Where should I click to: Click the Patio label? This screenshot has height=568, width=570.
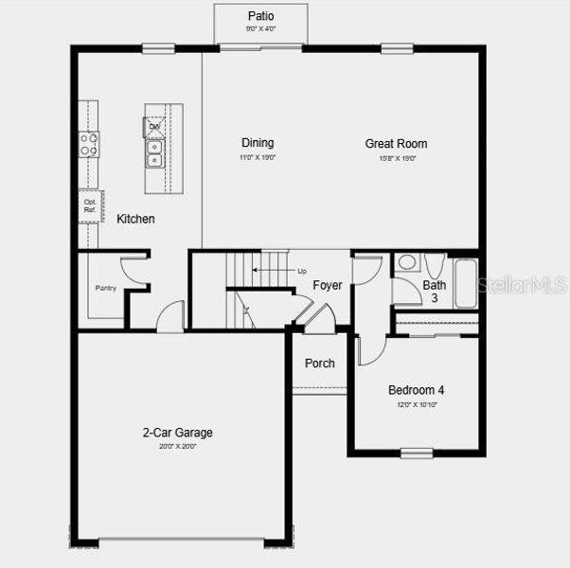[260, 16]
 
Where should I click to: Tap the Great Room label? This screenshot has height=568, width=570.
[396, 144]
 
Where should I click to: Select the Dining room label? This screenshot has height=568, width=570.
[257, 144]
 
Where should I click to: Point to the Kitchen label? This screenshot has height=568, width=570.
[135, 219]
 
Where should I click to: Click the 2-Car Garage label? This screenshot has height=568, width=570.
[177, 433]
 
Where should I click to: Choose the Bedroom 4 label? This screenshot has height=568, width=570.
[416, 390]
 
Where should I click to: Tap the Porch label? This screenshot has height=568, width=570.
[319, 364]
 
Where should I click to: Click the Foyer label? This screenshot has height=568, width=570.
[328, 285]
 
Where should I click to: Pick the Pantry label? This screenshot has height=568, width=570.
[105, 288]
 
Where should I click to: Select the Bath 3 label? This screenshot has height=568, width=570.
[435, 291]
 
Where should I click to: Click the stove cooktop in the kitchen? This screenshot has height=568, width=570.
[89, 144]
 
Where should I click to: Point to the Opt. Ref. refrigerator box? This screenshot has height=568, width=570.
[90, 204]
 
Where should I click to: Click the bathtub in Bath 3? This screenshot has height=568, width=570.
[465, 281]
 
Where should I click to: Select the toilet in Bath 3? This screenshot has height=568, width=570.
[434, 264]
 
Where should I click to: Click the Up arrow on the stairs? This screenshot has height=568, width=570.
[275, 271]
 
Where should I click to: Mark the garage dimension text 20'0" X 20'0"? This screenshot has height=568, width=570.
[177, 446]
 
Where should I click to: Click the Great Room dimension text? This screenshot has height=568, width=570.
[396, 158]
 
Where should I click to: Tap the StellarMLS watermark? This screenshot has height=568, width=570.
[524, 284]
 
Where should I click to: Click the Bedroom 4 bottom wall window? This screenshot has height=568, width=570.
[417, 453]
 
